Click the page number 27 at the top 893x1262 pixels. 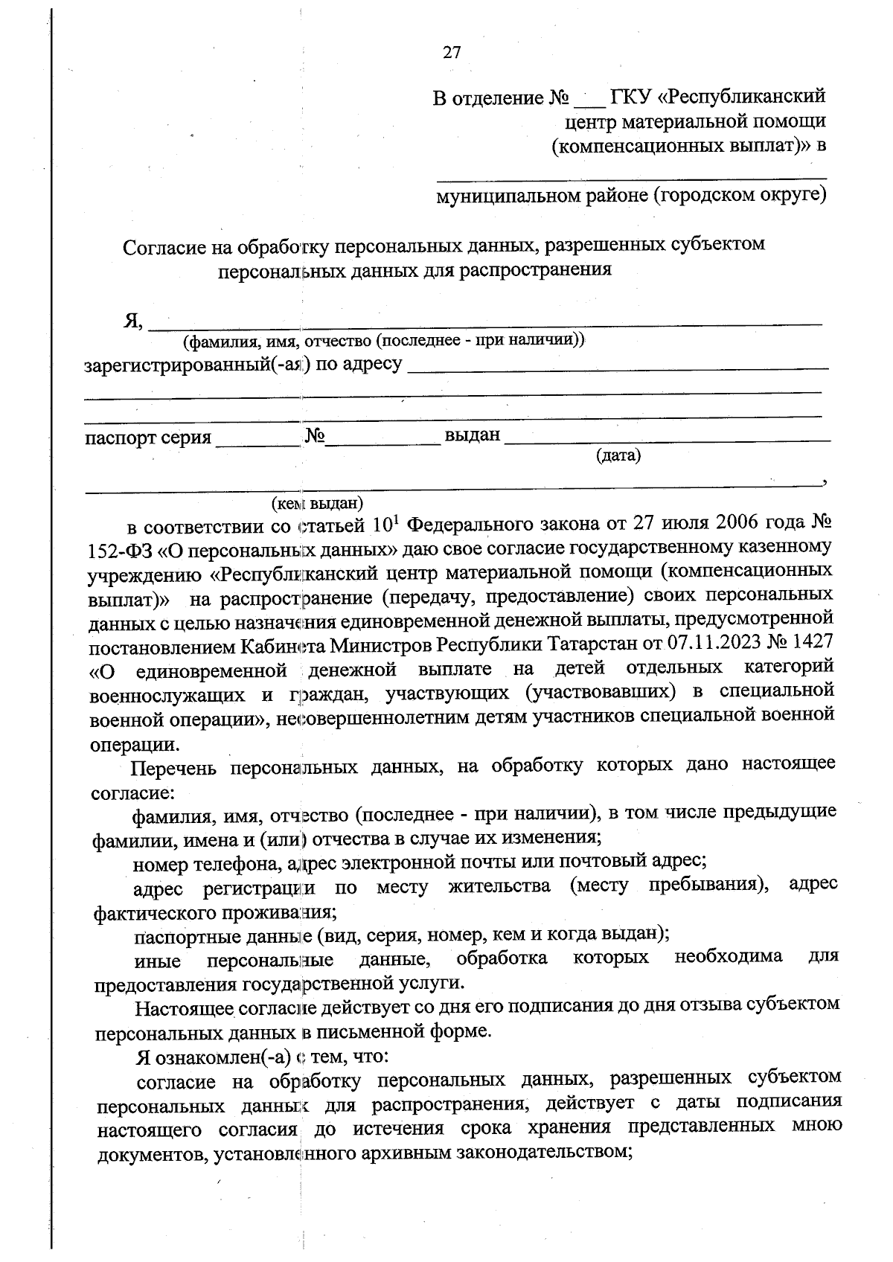click(452, 53)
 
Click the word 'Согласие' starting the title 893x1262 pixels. click(162, 246)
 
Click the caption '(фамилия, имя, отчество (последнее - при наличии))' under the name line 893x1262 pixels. click(385, 342)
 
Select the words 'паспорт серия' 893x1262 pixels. click(148, 438)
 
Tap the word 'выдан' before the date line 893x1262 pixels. click(472, 435)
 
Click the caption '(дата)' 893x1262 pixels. click(618, 455)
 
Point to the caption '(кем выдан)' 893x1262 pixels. click(317, 504)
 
